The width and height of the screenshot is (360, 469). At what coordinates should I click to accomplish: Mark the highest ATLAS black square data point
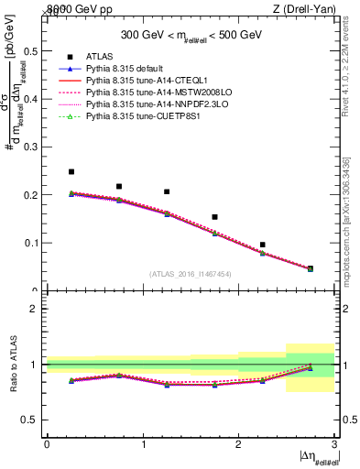[x=71, y=171]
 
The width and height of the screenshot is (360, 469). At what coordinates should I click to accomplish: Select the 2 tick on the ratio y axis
[x=34, y=309]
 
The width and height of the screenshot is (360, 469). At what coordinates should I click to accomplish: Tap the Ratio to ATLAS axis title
[x=13, y=364]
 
